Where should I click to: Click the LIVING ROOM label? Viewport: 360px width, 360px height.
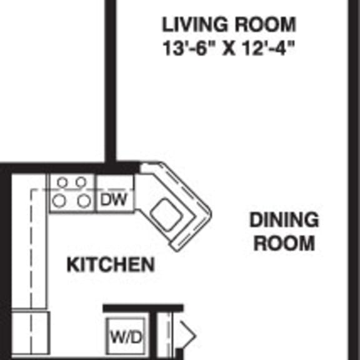[229, 24]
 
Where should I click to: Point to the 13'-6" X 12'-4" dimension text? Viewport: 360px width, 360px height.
[228, 48]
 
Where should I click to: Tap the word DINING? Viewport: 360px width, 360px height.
[284, 220]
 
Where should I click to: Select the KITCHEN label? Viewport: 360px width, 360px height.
[111, 264]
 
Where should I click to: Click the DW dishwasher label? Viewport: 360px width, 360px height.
[113, 199]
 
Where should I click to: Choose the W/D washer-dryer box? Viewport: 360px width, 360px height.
[126, 337]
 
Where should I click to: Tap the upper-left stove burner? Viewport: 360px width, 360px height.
[62, 182]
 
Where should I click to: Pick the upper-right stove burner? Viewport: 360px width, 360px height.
[81, 182]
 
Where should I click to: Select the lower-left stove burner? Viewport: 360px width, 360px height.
[59, 201]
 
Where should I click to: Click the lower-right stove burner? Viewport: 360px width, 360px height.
[84, 201]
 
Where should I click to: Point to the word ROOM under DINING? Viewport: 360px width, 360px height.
[284, 243]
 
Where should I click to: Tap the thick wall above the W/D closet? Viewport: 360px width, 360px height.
[143, 308]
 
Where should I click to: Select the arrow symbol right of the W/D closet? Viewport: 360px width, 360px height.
[187, 336]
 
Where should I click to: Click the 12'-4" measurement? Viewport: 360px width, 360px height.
[268, 48]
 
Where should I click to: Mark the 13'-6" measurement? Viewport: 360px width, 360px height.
[189, 48]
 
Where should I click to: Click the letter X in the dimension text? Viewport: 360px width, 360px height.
[229, 49]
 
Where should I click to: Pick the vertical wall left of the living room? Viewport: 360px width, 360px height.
[110, 81]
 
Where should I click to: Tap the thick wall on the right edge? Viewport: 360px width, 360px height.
[354, 180]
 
